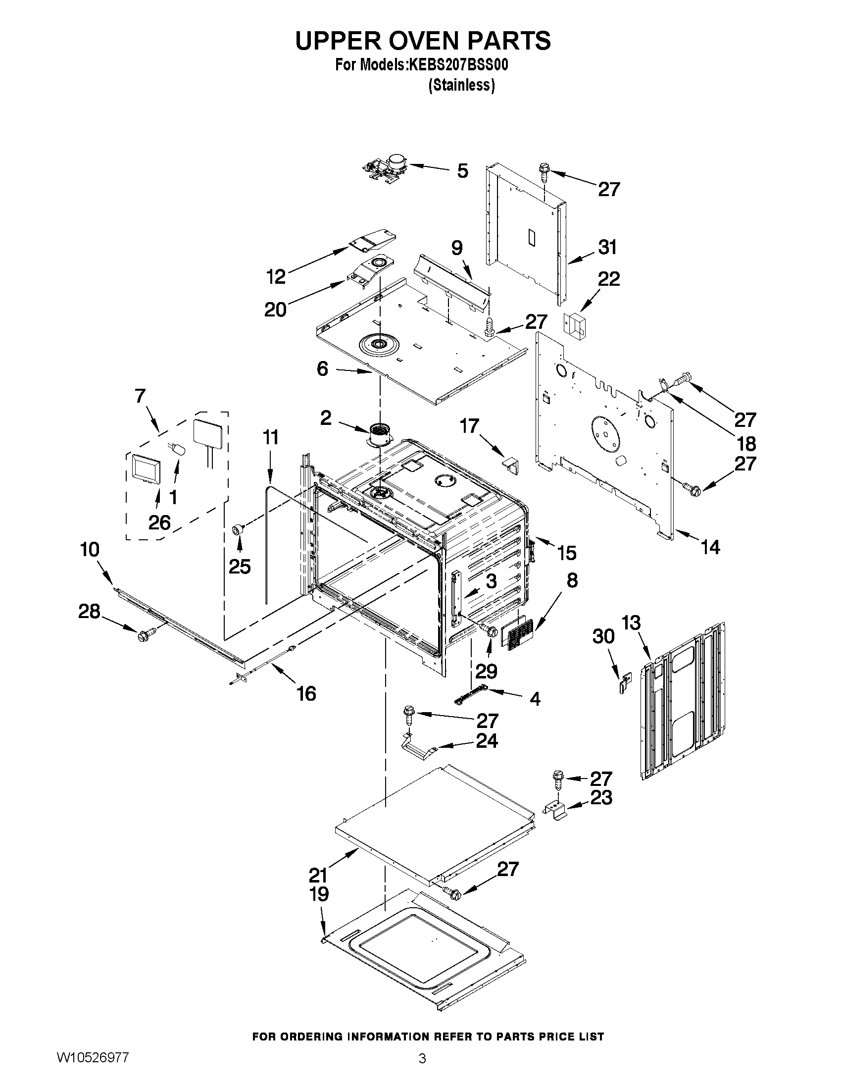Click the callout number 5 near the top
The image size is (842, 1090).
coord(462,171)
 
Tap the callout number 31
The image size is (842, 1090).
coord(607,248)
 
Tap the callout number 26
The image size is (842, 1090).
coord(159,522)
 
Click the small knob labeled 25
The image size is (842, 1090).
coord(239,529)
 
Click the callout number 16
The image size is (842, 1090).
coord(306,693)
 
